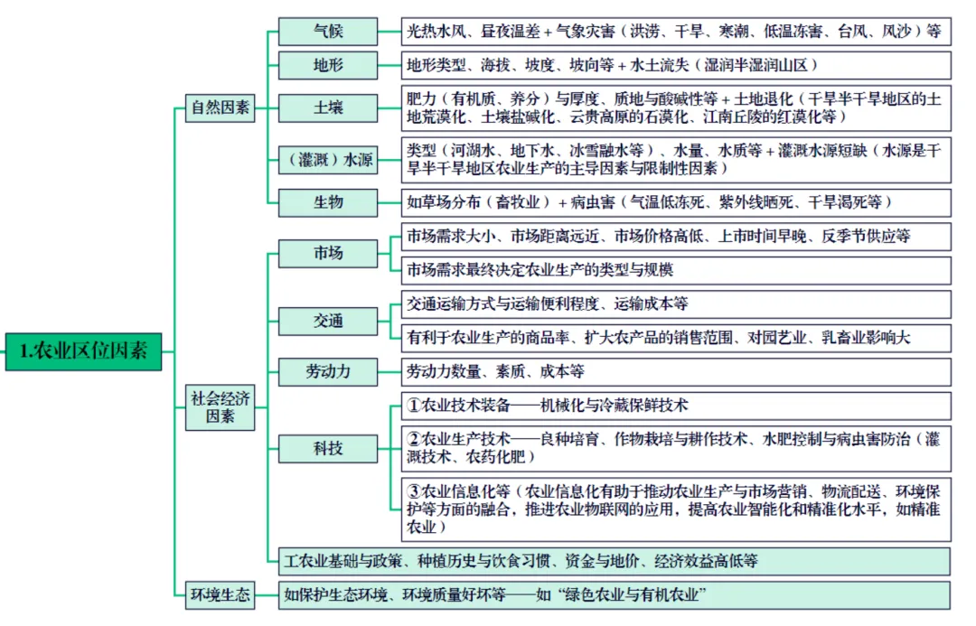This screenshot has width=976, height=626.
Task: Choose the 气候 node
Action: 328,32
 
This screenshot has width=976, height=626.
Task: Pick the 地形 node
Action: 328,66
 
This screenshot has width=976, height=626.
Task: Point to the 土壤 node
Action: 328,108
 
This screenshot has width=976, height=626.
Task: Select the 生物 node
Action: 328,202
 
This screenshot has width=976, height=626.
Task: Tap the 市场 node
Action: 328,253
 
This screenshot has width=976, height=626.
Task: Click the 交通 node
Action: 328,321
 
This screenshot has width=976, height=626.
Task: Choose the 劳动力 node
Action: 328,371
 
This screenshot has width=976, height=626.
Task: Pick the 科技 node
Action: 328,447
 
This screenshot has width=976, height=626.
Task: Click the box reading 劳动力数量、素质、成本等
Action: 675,371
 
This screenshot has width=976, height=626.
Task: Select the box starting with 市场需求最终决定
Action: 675,270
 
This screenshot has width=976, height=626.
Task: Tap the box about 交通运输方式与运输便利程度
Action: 675,304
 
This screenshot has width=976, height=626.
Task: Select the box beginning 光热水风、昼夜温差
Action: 675,32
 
